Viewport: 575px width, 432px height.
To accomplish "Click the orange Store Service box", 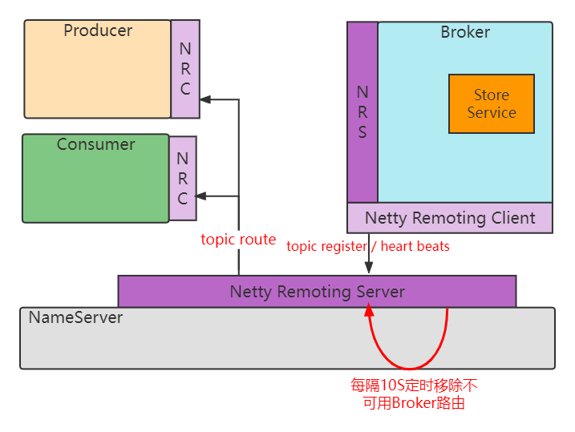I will click(x=491, y=104).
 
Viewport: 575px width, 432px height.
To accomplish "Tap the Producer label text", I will click(x=98, y=31).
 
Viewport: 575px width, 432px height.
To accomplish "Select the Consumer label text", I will click(x=95, y=145).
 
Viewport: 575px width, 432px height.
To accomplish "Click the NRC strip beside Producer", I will click(x=185, y=69).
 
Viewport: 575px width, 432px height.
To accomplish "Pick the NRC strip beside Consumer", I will click(x=183, y=178).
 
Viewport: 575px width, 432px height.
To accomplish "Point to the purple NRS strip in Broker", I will click(x=362, y=112).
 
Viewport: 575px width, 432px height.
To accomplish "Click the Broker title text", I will click(x=465, y=33).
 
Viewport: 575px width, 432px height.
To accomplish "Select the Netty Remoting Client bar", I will click(x=449, y=218).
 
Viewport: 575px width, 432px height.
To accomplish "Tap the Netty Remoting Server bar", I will click(x=317, y=292).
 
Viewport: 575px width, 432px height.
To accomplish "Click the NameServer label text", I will click(x=76, y=317).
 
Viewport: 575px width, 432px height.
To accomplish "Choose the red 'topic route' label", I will click(x=238, y=240).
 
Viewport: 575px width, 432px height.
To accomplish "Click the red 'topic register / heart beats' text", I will click(x=368, y=246).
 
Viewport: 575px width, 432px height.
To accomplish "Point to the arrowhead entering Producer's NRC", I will click(x=205, y=99).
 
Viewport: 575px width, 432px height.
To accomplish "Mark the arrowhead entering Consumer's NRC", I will click(x=201, y=196).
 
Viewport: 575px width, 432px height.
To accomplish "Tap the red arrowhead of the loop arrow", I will click(x=369, y=310).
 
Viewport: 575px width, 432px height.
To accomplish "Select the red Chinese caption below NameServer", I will click(x=414, y=394).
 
